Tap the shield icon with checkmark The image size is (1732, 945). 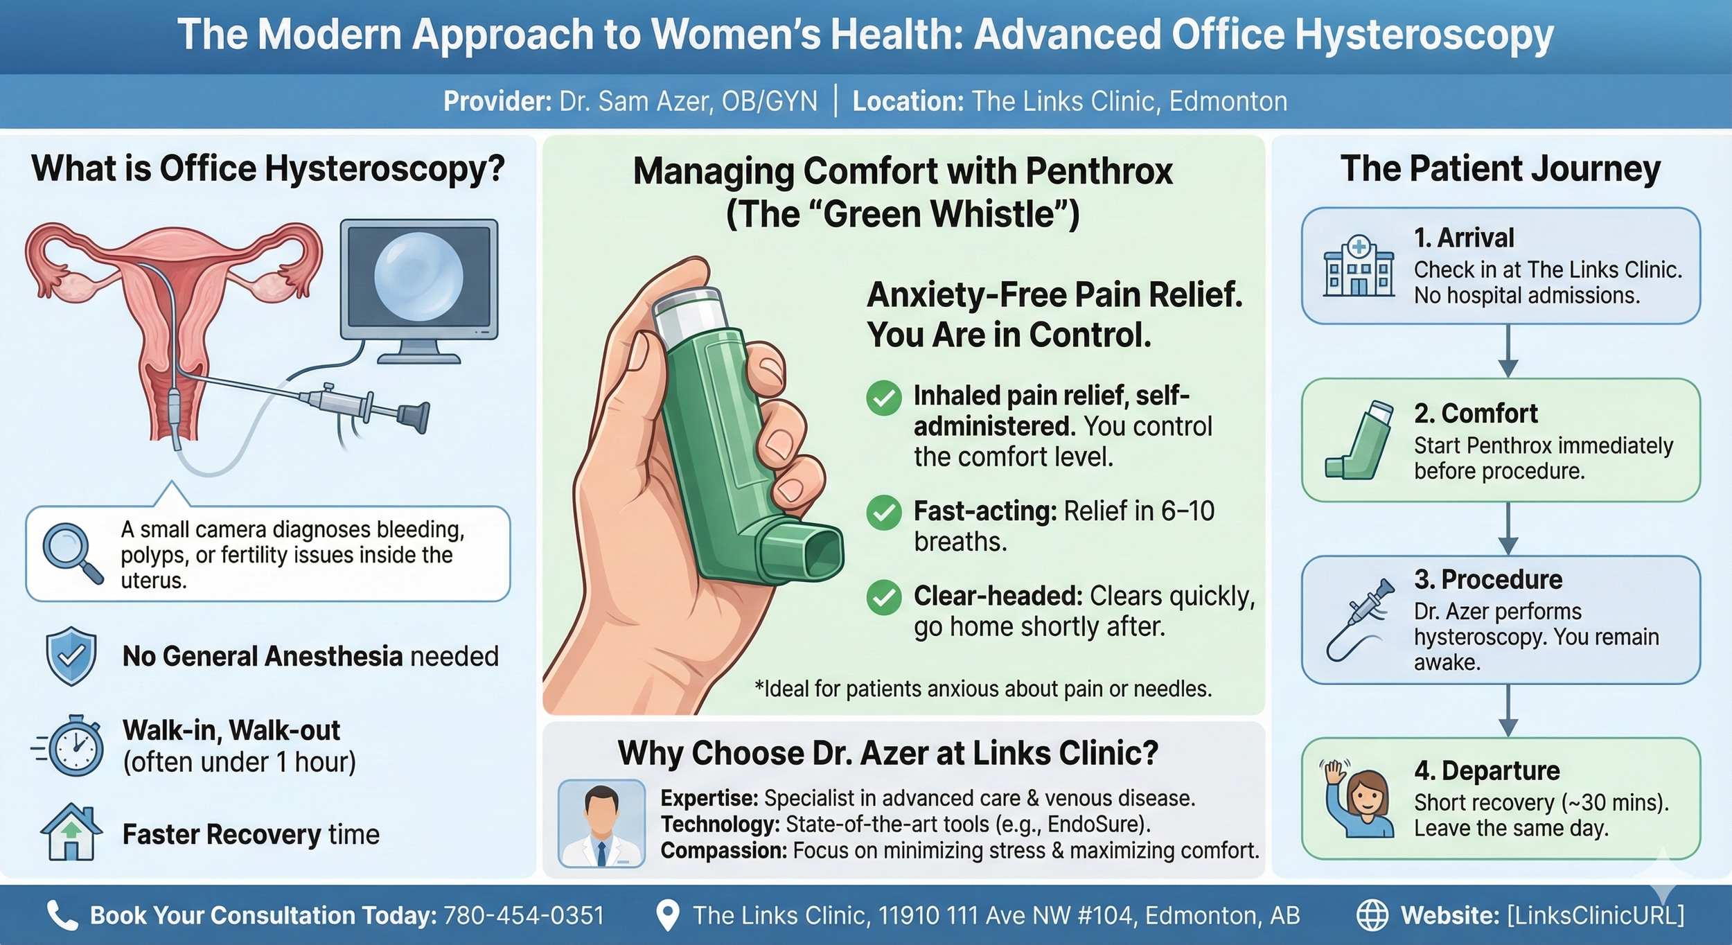pos(71,655)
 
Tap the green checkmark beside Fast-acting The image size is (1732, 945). pos(884,513)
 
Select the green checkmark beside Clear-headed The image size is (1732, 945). pos(884,598)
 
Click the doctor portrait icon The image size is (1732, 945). pos(601,823)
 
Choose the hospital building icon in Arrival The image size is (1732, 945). pos(1359,266)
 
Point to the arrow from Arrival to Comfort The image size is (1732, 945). pos(1508,351)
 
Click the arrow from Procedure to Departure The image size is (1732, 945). pos(1508,711)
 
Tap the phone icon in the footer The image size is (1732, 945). pos(62,915)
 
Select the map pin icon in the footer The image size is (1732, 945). pos(667,915)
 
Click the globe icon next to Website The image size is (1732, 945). pos(1372,915)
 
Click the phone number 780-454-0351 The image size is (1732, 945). pos(524,915)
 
